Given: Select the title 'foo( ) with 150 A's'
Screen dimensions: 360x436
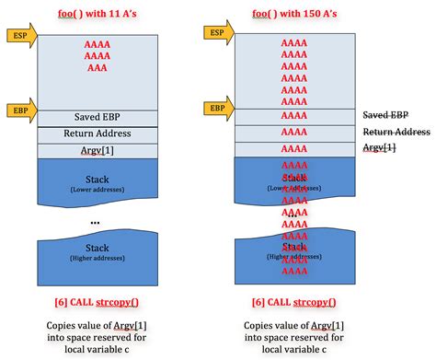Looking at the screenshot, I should point(293,11).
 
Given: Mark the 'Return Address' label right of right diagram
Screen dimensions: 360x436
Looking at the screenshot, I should point(396,132).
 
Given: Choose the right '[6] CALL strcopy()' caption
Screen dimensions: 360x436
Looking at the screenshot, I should point(293,302).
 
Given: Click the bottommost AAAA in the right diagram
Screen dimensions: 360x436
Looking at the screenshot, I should point(293,272).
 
